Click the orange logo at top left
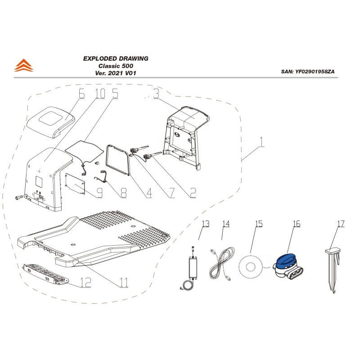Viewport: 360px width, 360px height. point(24,65)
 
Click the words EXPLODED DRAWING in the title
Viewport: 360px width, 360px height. point(116,58)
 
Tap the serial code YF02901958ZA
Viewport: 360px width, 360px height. point(315,72)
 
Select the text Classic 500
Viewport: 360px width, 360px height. point(116,66)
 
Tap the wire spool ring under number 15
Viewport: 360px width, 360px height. point(250,267)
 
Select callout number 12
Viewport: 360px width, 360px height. point(85,283)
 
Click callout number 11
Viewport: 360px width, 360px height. point(124,283)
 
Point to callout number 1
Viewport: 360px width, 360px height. point(262,142)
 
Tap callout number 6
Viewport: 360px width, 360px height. point(81,94)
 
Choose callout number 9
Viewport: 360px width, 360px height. point(99,193)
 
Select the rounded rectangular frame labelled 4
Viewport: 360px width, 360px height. point(118,161)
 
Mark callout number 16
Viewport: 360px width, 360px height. point(297,224)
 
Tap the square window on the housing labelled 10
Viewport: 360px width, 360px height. point(39,181)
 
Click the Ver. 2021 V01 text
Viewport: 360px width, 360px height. point(116,73)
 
